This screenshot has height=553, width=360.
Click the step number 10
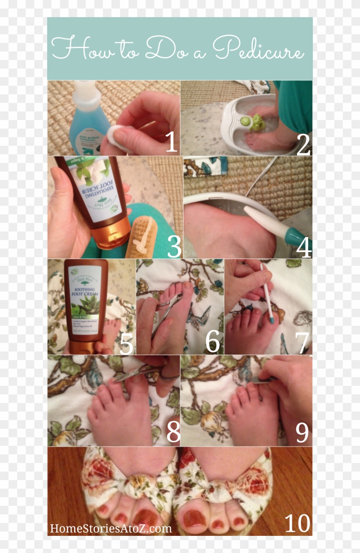point(297,523)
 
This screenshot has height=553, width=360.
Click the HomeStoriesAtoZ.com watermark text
point(111,528)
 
